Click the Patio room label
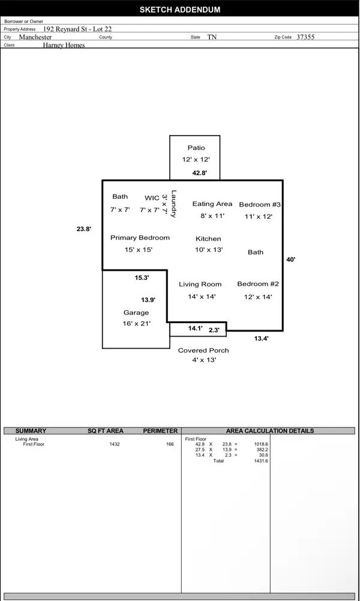coord(196,148)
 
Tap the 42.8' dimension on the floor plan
coord(200,173)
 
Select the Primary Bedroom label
coord(140,238)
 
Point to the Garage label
coord(136,313)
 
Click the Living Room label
coord(200,285)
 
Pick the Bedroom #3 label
coord(260,205)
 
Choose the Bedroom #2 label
coord(258,284)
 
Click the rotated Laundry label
coord(173,204)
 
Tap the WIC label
coord(152,198)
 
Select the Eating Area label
coord(212,204)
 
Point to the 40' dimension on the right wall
coord(290,259)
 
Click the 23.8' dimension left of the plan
coord(84,229)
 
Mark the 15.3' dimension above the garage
coord(142,278)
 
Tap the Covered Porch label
coord(203,350)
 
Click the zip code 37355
coord(305,37)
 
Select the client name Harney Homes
coord(64,45)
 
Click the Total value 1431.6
coord(261,461)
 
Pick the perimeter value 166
coord(170,444)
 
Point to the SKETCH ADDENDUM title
coord(180,10)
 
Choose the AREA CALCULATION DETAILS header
coord(270,431)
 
